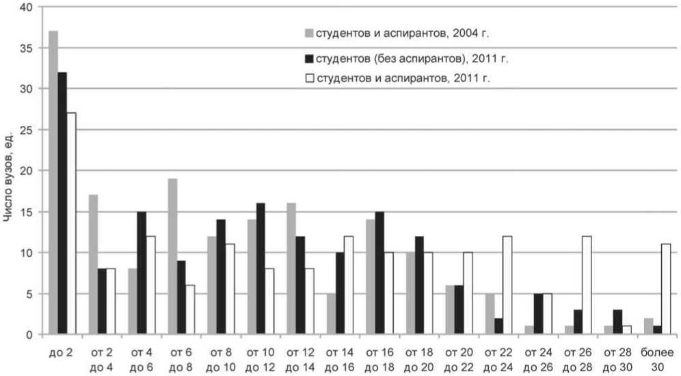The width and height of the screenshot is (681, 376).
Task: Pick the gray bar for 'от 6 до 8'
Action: (172, 256)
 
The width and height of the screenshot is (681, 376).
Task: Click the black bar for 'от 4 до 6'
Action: (142, 273)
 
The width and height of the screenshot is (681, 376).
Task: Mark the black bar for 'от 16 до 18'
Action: (380, 273)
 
